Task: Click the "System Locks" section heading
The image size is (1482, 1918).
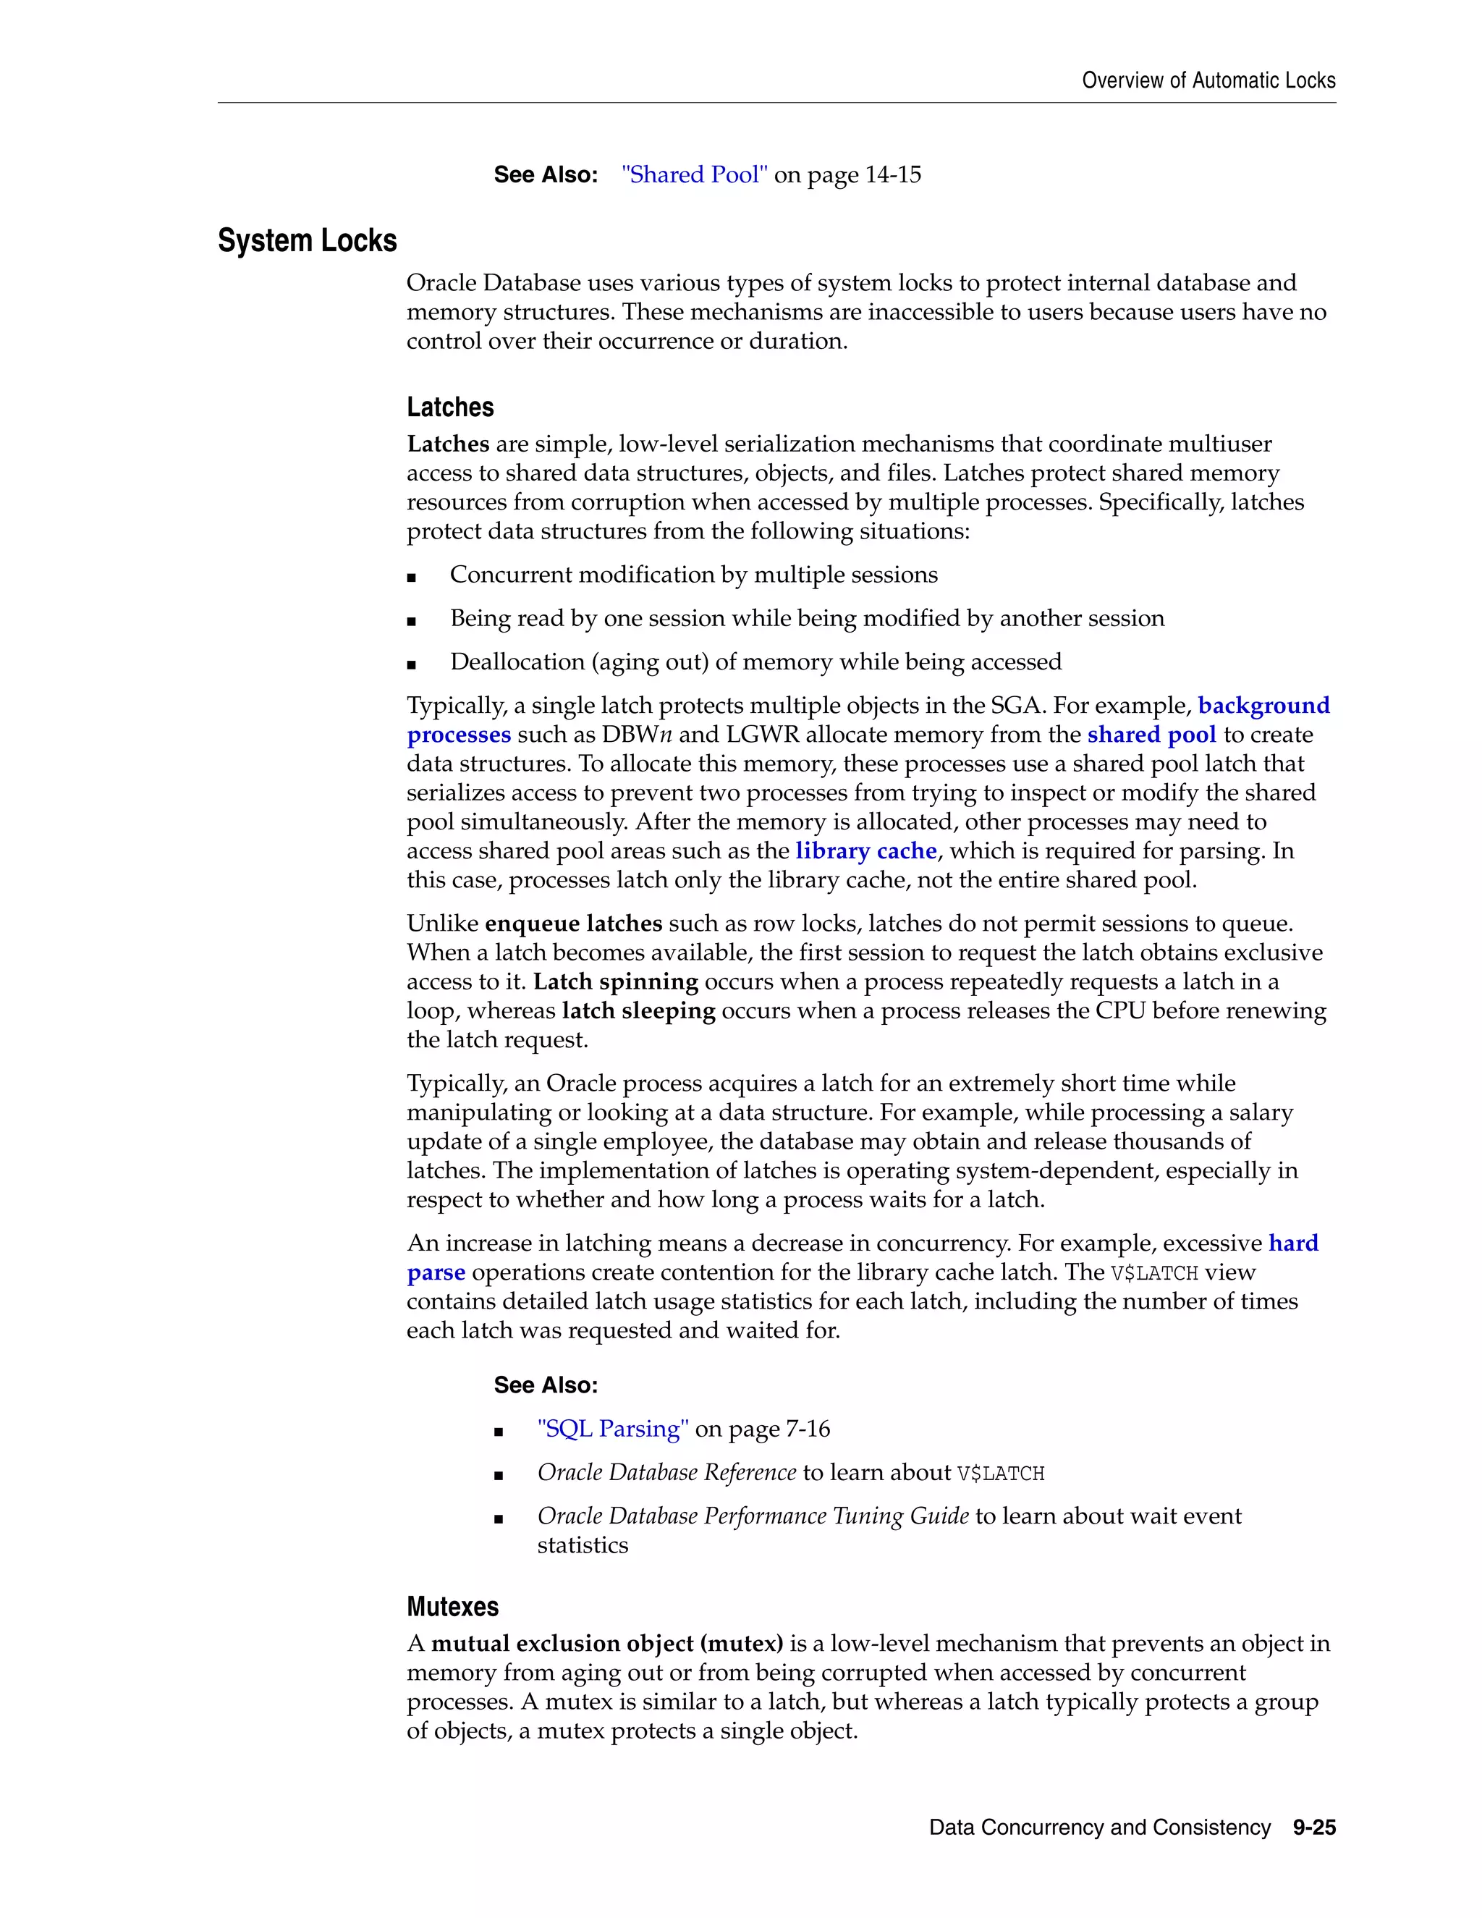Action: [308, 240]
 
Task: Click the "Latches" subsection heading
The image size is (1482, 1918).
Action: [449, 407]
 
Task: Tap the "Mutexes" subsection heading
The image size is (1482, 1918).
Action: [452, 1607]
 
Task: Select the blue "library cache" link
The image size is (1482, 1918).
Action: [865, 851]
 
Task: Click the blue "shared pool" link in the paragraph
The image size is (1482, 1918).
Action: [1151, 735]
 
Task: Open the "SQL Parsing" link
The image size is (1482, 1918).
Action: [613, 1429]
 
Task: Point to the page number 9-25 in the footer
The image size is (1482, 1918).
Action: [1313, 1828]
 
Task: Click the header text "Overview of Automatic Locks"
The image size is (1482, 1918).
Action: [1208, 81]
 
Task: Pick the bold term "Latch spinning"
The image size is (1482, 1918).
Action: [616, 982]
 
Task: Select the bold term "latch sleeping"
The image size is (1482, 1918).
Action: [638, 1011]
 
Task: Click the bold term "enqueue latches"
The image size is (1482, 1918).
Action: [573, 924]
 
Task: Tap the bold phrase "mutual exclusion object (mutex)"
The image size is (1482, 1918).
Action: [606, 1644]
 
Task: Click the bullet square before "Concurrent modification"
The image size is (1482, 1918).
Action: [411, 577]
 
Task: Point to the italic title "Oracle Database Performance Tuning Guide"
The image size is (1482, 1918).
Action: [753, 1516]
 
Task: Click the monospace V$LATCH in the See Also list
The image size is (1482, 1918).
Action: [1000, 1474]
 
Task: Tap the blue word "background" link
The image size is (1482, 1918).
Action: [1263, 706]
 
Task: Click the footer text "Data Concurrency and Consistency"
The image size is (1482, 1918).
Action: [1099, 1828]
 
